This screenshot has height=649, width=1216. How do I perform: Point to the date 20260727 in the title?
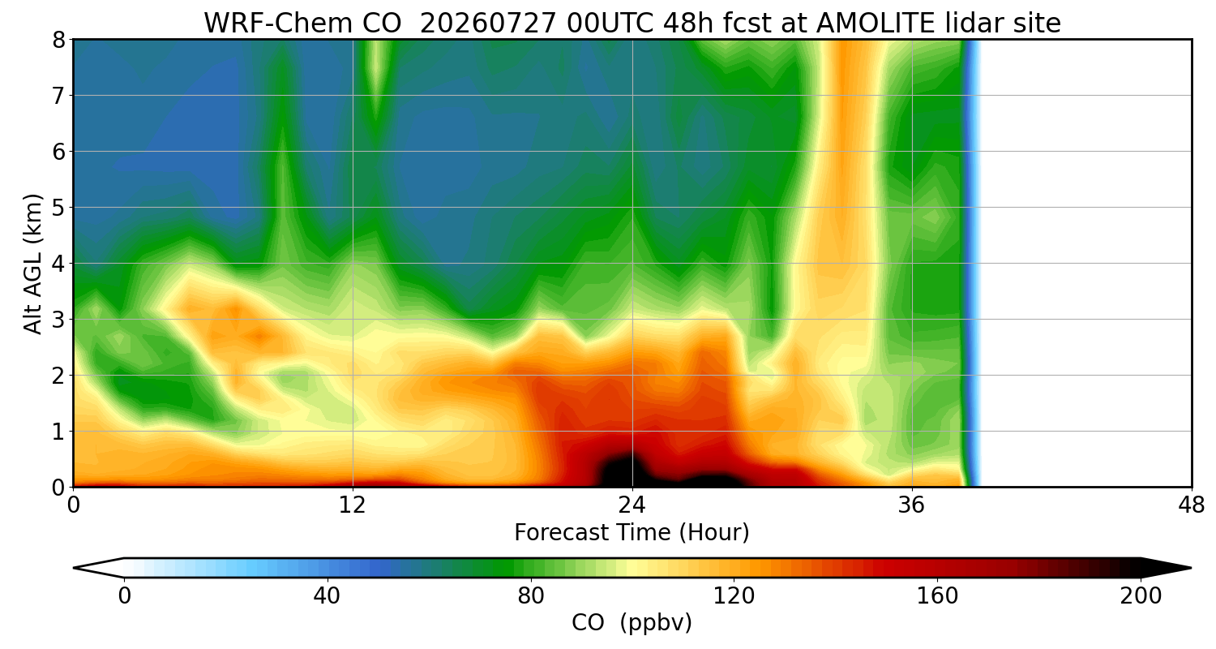coord(489,24)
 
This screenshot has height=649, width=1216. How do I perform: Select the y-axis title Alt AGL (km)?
coord(33,264)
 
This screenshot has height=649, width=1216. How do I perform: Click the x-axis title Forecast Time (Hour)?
coord(632,532)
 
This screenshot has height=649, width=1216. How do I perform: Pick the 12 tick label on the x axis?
coord(353,506)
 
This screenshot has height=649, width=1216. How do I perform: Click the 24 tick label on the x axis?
coord(632,506)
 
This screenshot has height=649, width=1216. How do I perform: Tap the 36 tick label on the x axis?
coord(911,506)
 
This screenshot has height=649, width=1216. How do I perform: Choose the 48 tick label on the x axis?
coord(1191,506)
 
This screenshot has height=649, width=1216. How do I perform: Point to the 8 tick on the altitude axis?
coord(58,40)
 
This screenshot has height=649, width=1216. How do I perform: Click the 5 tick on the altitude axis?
coord(58,208)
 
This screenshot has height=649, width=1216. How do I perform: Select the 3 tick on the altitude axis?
coord(58,320)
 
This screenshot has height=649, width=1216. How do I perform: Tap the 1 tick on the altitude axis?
coord(58,432)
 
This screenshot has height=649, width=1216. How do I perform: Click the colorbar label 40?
coord(327,596)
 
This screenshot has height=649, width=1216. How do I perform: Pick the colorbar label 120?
coord(734,596)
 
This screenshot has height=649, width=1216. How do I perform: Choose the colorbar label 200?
coord(1141,596)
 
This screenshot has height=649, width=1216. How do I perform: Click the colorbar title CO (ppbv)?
coord(632,622)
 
